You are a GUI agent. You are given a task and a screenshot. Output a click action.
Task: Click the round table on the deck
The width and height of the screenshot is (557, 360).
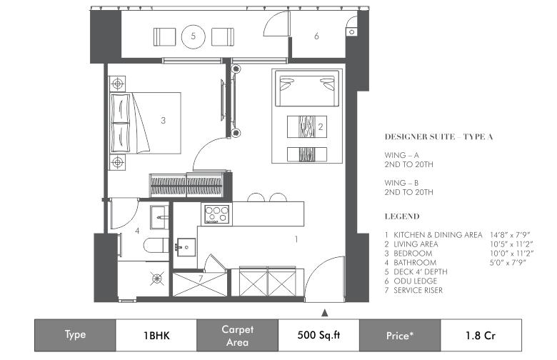[194, 36]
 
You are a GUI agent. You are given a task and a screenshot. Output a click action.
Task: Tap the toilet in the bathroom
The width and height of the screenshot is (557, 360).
[156, 245]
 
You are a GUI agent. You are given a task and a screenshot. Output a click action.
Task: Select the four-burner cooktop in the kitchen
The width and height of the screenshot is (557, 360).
[216, 214]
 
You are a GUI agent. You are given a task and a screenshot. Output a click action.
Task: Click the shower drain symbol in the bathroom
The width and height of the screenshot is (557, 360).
[156, 279]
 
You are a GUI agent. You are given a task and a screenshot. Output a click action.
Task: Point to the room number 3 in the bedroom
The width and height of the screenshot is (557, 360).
[163, 121]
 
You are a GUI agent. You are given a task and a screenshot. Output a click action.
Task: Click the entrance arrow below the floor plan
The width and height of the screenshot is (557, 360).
[324, 313]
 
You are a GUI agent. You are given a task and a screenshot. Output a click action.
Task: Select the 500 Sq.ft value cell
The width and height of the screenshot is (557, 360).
[318, 335]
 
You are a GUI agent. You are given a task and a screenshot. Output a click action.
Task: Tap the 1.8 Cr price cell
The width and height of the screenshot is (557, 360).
[481, 335]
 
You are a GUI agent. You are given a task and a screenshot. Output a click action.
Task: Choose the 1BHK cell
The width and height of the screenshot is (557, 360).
[156, 335]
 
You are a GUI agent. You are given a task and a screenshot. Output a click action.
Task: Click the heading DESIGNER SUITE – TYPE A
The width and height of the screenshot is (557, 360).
[438, 137]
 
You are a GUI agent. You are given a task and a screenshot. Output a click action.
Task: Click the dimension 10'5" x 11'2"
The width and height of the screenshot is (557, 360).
[511, 244]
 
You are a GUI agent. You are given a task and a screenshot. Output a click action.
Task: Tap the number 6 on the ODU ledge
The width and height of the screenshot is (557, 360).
[316, 36]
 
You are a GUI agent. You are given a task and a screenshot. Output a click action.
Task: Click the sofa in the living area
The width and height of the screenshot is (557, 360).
[307, 89]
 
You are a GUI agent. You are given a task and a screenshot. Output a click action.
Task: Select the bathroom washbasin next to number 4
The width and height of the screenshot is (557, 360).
[159, 217]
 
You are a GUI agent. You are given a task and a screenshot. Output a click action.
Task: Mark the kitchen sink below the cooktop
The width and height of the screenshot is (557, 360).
[185, 247]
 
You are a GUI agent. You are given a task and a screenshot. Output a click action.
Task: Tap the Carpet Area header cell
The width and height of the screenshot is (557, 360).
[237, 335]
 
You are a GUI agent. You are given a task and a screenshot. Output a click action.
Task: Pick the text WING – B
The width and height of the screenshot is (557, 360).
[401, 183]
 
